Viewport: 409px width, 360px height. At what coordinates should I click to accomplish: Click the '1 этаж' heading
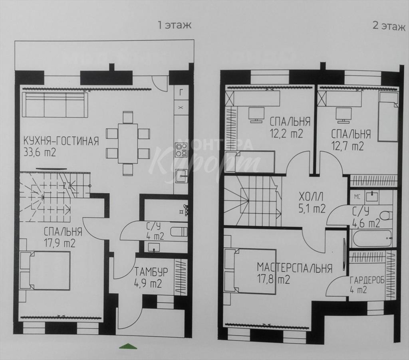click(x=174, y=25)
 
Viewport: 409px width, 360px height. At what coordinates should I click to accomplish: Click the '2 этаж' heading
click(x=389, y=26)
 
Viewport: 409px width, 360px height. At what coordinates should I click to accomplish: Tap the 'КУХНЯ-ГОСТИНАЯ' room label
click(x=61, y=141)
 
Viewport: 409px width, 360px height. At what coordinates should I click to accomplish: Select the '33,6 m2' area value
click(x=40, y=152)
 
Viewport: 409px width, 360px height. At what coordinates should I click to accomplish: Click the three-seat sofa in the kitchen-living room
click(x=55, y=105)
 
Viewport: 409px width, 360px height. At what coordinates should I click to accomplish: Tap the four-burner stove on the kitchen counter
click(x=182, y=150)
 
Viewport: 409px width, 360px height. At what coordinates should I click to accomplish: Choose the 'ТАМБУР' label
click(x=151, y=272)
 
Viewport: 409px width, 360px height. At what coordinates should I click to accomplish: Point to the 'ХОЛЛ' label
click(x=311, y=196)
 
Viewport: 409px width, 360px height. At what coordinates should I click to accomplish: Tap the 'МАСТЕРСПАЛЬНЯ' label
click(x=294, y=268)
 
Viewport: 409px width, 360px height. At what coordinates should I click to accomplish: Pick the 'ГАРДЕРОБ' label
click(x=367, y=280)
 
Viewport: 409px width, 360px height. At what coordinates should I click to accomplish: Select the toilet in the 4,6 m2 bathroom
click(x=386, y=216)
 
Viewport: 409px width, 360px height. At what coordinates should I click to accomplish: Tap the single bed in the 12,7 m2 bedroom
click(x=388, y=117)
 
